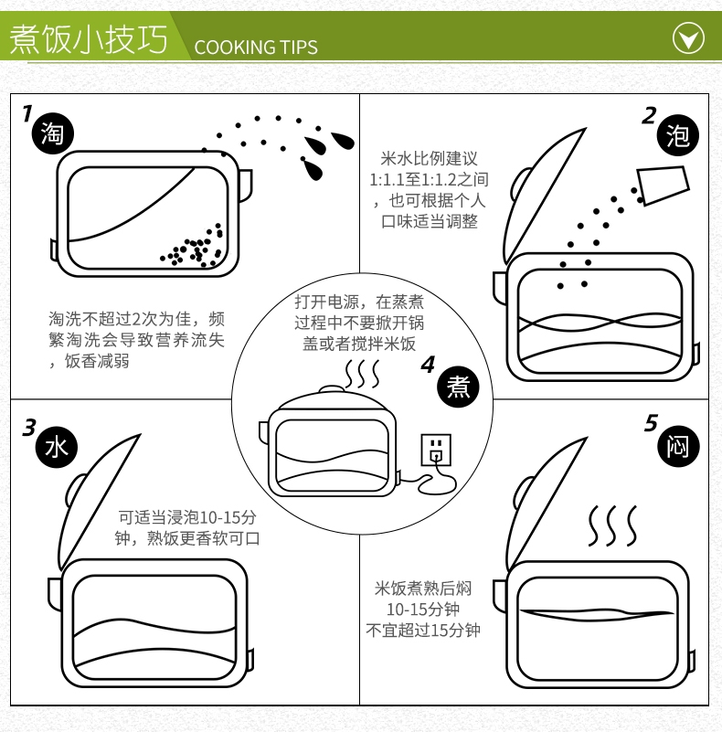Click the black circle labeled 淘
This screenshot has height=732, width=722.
pyautogui.click(x=52, y=133)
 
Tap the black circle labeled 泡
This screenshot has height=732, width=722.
pyautogui.click(x=677, y=135)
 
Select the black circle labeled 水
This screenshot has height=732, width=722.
pyautogui.click(x=57, y=447)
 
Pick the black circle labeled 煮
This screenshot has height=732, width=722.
pyautogui.click(x=458, y=387)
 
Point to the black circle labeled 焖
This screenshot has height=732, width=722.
pyautogui.click(x=678, y=446)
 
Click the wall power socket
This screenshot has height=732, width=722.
pyautogui.click(x=436, y=450)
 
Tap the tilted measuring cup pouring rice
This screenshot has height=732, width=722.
pyautogui.click(x=664, y=185)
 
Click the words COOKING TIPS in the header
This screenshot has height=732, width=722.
pyautogui.click(x=256, y=48)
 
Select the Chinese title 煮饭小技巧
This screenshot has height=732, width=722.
pyautogui.click(x=89, y=38)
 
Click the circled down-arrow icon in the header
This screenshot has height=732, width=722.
pyautogui.click(x=688, y=37)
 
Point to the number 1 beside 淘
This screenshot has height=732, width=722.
pyautogui.click(x=27, y=113)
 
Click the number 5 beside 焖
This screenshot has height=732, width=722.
pyautogui.click(x=651, y=423)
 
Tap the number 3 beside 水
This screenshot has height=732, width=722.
pyautogui.click(x=29, y=427)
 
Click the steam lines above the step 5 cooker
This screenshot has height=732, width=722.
pyautogui.click(x=612, y=525)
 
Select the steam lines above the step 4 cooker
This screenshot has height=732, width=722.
pyautogui.click(x=362, y=374)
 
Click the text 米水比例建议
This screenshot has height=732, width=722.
pyautogui.click(x=429, y=158)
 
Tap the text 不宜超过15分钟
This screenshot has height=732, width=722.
pyautogui.click(x=422, y=631)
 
